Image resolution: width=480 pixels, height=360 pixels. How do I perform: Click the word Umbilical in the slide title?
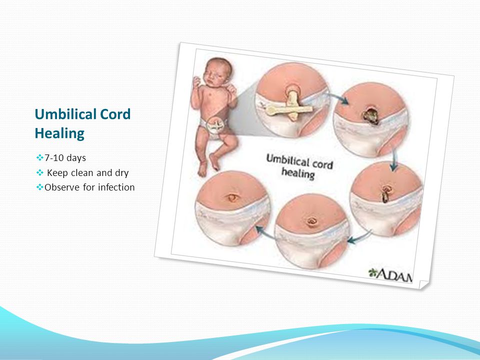click(x=61, y=114)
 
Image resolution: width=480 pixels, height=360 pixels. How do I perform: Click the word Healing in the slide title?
click(x=59, y=133)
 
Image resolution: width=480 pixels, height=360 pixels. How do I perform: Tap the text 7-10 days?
click(x=65, y=158)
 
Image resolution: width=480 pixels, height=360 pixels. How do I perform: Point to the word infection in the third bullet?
click(x=116, y=187)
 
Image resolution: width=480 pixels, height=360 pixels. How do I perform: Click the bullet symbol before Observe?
click(x=40, y=187)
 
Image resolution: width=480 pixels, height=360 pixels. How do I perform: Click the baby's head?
click(x=217, y=71)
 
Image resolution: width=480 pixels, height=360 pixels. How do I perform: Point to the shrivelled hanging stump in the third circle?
click(x=384, y=196)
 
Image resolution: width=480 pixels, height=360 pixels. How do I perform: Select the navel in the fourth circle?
click(x=312, y=221)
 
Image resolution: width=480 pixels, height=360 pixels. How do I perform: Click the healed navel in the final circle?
click(x=232, y=197)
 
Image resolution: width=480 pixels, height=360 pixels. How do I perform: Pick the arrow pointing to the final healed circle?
click(x=265, y=233)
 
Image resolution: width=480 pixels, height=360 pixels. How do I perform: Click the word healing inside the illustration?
click(x=298, y=173)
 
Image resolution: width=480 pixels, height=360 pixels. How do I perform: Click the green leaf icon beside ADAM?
click(x=372, y=272)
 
